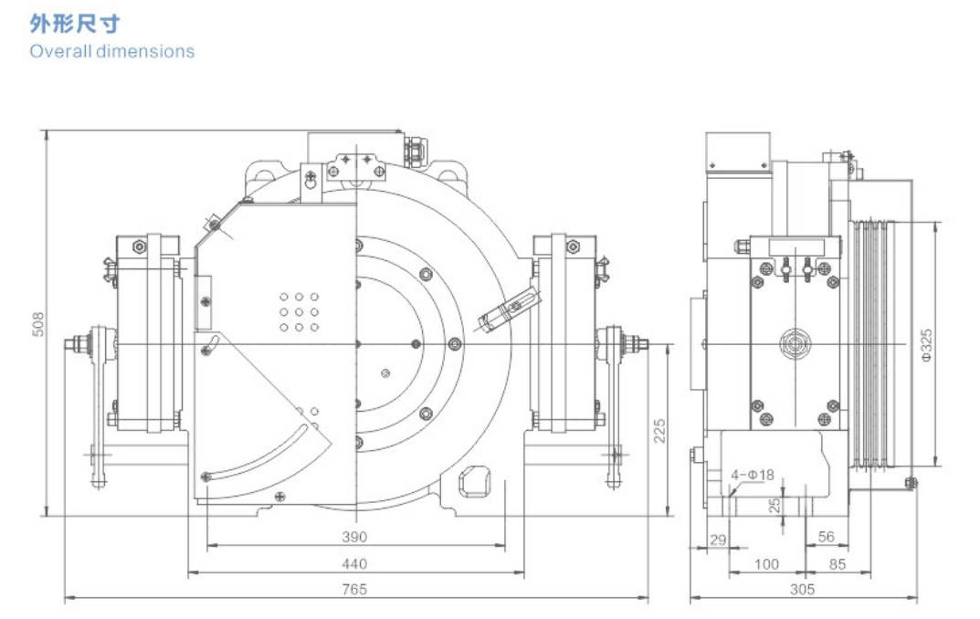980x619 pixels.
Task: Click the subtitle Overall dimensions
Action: (111, 51)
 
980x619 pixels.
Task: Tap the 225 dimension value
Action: (659, 430)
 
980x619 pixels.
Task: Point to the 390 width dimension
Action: (354, 537)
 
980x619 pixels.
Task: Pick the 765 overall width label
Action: (354, 590)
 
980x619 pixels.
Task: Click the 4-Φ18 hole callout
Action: (753, 475)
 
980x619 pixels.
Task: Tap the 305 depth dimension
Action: (801, 590)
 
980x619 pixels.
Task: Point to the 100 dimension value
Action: (767, 564)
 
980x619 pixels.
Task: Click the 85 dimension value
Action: (837, 564)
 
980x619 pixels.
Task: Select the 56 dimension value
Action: (827, 537)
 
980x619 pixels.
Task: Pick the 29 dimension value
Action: (718, 540)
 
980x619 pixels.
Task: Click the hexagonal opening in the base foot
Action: (476, 481)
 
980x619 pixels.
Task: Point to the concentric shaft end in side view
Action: (794, 345)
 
